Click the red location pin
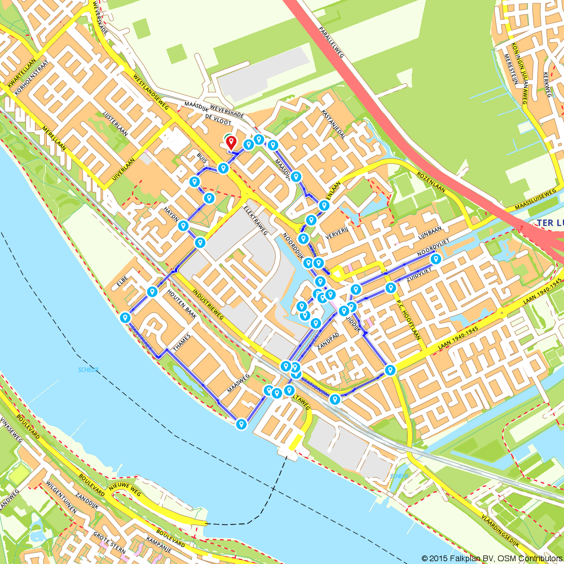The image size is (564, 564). pos(231,143)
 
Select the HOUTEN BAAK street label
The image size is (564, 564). pos(181,305)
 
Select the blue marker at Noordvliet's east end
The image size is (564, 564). pos(436,259)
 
